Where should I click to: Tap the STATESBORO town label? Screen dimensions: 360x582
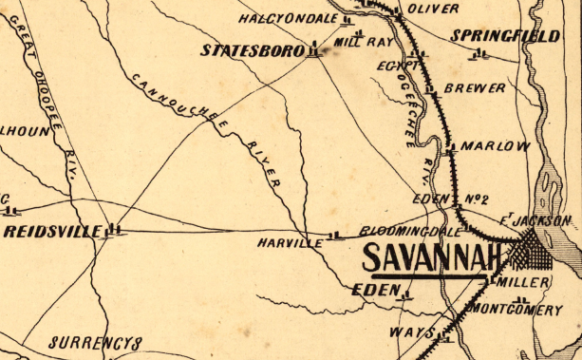coord(251,49)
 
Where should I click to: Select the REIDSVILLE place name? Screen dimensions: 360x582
coord(51,231)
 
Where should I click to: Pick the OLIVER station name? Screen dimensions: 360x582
coord(432,9)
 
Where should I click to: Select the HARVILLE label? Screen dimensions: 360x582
coord(290,243)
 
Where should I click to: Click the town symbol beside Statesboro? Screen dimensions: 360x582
coord(313,50)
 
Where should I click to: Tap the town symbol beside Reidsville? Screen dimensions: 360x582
coord(115,229)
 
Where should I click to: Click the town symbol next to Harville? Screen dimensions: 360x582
coord(332,236)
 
